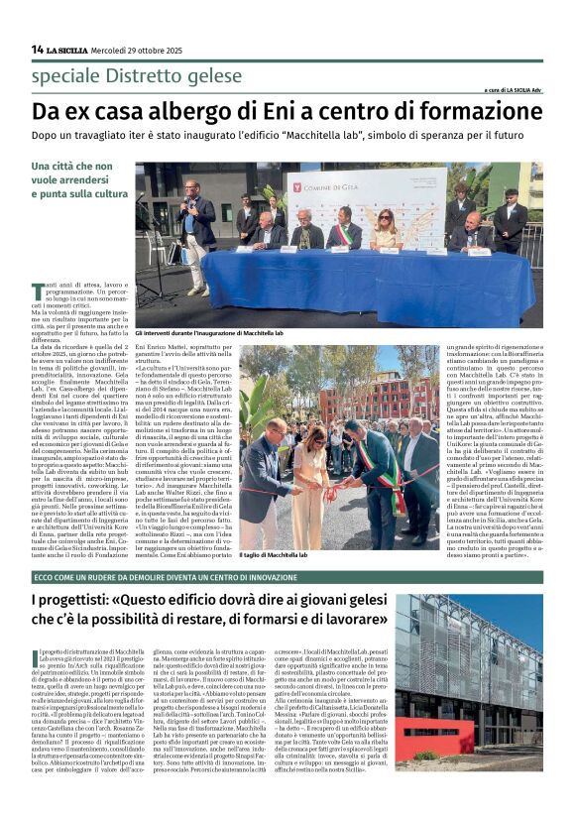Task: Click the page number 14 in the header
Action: click(x=37, y=49)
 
